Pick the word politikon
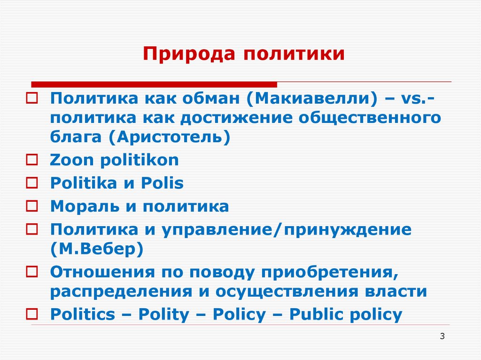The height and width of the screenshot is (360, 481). pos(140,161)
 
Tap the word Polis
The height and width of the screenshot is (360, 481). pos(162,183)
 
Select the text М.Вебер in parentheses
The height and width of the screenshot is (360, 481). pos(97,248)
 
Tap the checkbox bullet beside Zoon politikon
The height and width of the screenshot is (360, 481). pos(32,161)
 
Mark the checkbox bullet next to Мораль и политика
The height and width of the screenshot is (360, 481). pos(32,207)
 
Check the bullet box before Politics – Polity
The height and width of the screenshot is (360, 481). pos(32,314)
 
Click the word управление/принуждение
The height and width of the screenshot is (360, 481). pos(287,230)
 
